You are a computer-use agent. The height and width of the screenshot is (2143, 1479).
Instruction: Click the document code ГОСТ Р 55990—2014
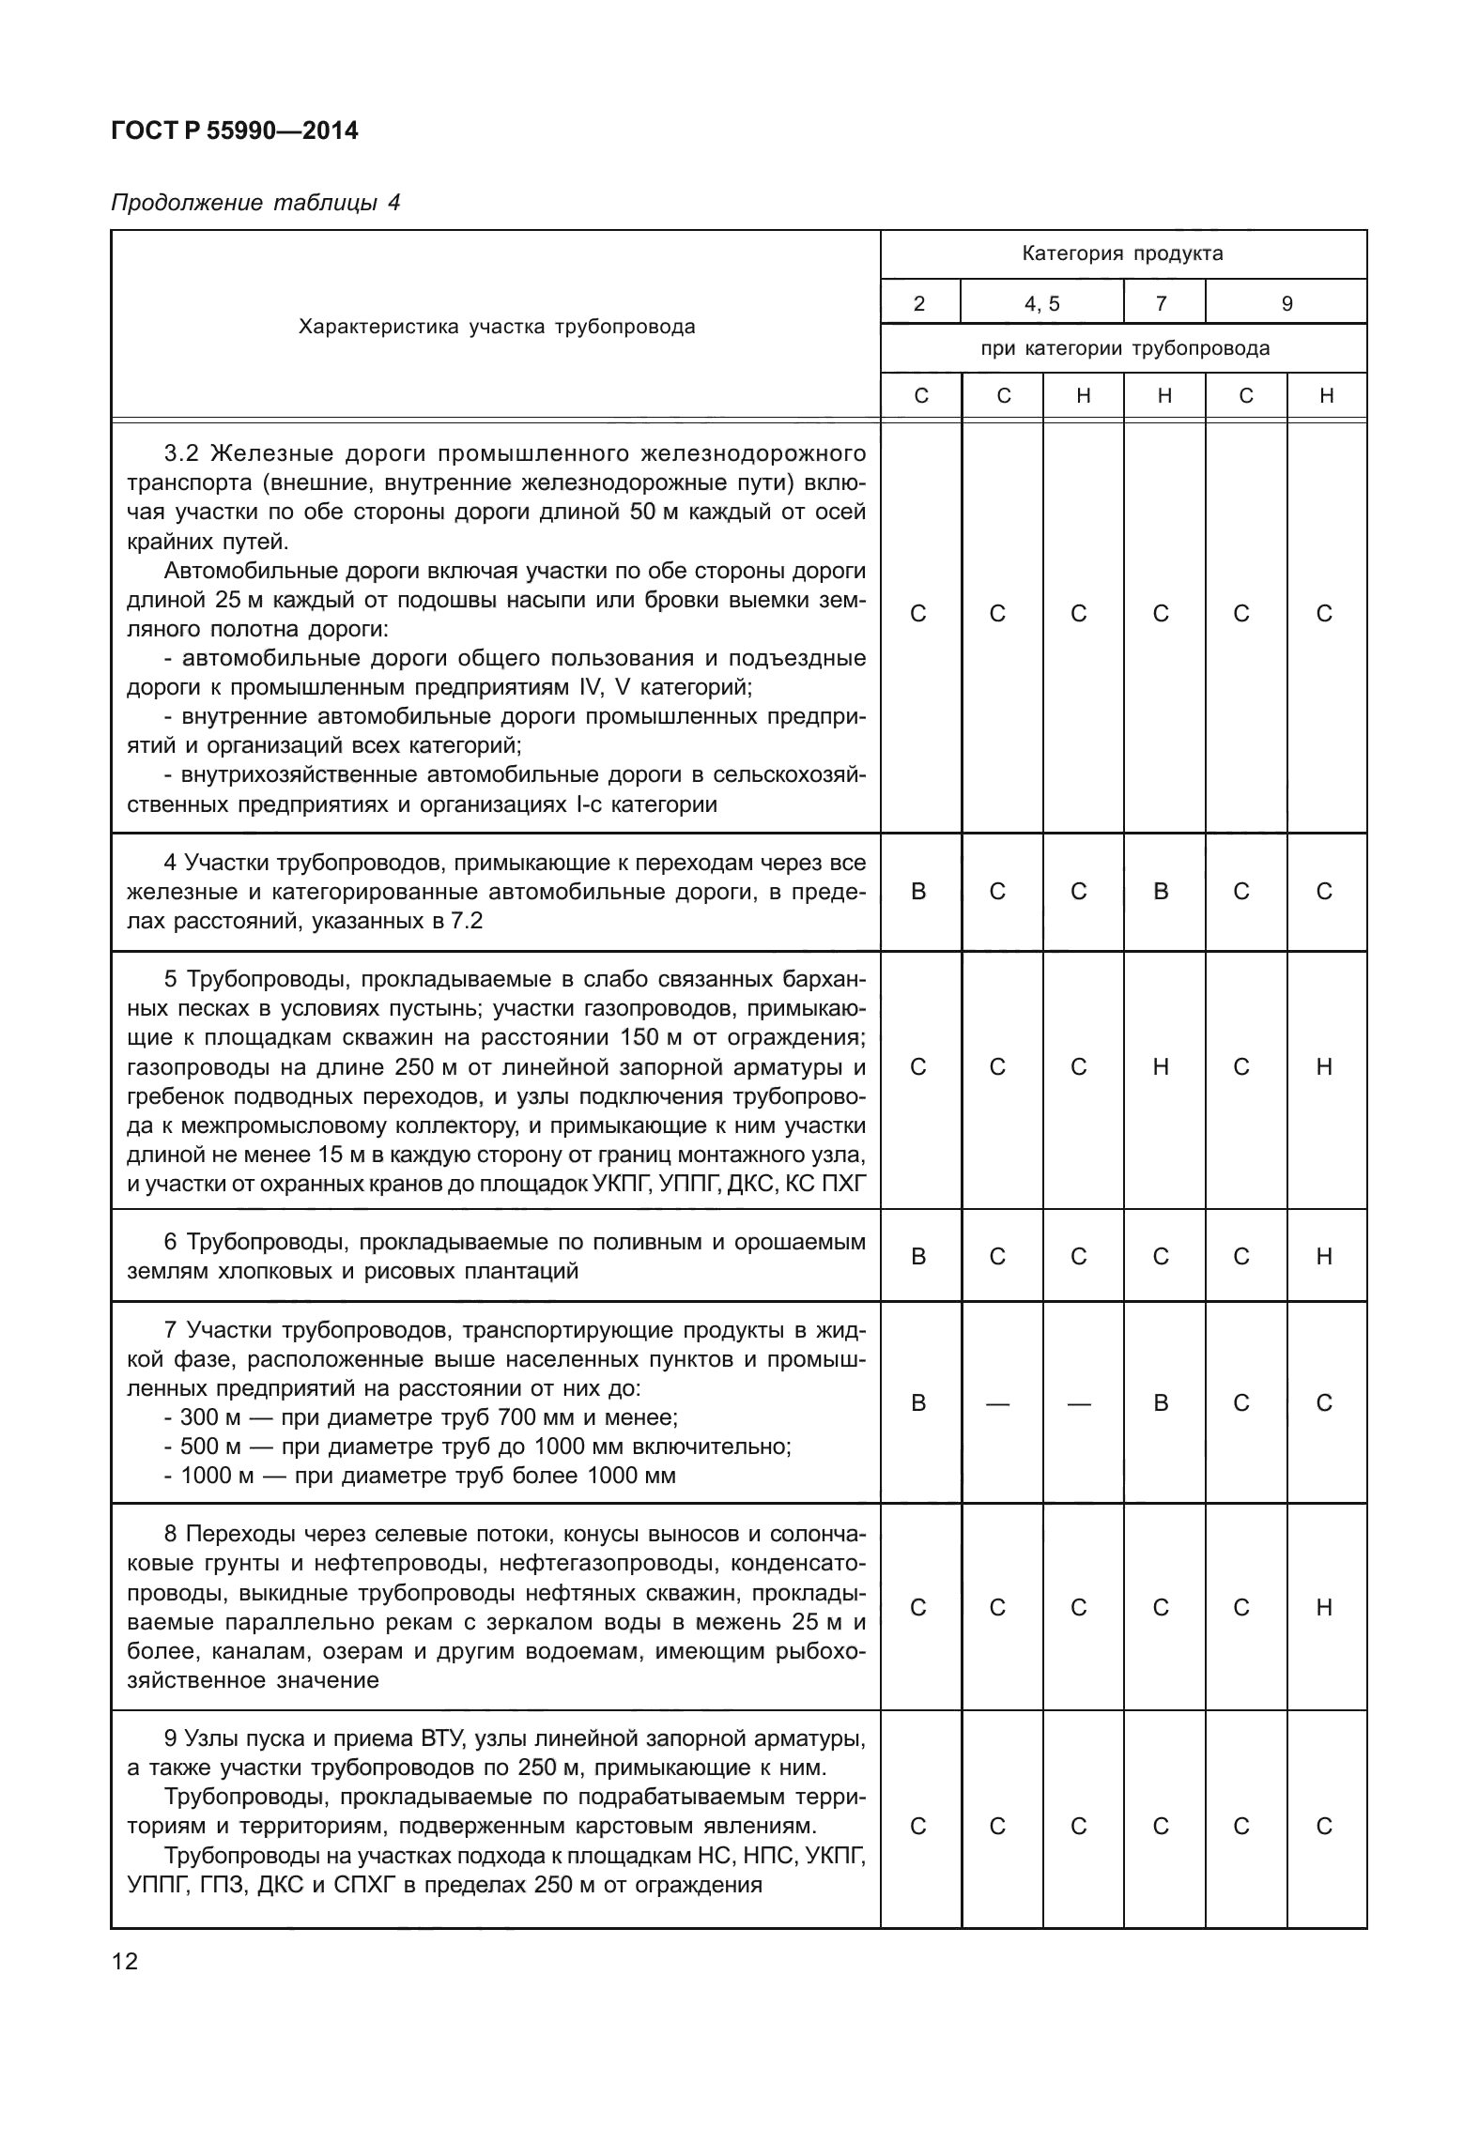coord(234,130)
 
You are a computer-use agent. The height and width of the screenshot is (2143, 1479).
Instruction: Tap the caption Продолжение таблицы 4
coord(255,203)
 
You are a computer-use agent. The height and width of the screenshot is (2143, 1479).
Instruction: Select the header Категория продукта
coord(1122,253)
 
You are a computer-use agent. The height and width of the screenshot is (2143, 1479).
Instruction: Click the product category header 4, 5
coord(1041,303)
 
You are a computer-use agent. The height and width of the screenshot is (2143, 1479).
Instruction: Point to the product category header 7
coord(1162,303)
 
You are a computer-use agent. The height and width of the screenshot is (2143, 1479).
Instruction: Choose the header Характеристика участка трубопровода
coord(496,327)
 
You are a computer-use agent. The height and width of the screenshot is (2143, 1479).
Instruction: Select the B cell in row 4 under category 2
coord(918,891)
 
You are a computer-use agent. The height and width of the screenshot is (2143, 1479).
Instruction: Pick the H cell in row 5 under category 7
coord(1161,1066)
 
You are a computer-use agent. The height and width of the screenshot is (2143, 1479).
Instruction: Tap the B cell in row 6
coord(918,1256)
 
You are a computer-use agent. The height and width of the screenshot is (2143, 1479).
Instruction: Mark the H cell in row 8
coord(1324,1608)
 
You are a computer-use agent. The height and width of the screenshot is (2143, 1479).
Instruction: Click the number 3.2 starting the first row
coord(182,454)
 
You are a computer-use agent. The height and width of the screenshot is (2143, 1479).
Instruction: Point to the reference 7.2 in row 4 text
coord(467,921)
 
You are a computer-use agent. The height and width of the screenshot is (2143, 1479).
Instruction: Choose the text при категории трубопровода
coord(1124,348)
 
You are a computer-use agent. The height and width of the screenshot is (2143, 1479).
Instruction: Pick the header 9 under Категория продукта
coord(1286,303)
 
